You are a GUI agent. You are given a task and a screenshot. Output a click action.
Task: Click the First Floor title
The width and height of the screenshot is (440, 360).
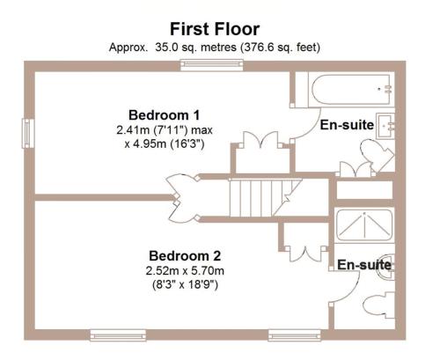coord(215,29)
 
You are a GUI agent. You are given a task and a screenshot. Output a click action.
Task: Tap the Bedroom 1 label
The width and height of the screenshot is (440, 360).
coord(165,115)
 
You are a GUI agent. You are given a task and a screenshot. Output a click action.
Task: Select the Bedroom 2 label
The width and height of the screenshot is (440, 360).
coord(185,256)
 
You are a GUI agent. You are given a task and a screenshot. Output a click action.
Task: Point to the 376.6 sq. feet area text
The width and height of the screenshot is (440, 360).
coord(280,47)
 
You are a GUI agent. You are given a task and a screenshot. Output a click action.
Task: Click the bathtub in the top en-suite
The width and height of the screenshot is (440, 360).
coord(351,90)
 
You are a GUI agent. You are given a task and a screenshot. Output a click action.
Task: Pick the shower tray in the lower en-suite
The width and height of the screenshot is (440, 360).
coord(364,225)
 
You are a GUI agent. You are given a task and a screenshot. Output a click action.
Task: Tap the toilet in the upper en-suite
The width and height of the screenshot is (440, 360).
coord(378,155)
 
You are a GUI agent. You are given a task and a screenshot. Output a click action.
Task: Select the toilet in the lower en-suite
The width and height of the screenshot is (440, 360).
coord(379,305)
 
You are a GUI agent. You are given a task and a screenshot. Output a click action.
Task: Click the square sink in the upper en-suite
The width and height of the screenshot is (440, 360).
coord(385,126)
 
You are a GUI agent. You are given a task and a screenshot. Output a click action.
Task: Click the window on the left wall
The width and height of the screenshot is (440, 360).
coord(28,133)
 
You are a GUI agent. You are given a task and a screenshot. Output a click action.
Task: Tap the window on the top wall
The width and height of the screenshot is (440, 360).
coord(212,65)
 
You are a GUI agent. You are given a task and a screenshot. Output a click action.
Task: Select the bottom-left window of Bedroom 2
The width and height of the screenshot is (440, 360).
coord(118,335)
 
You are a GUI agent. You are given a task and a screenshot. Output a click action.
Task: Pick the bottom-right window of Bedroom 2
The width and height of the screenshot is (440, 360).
coord(295,335)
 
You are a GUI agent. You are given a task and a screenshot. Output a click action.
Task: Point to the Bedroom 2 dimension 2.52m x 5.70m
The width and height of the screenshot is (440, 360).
coord(185,270)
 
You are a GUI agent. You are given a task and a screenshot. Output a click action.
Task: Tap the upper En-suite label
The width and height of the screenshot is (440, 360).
coord(347,125)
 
